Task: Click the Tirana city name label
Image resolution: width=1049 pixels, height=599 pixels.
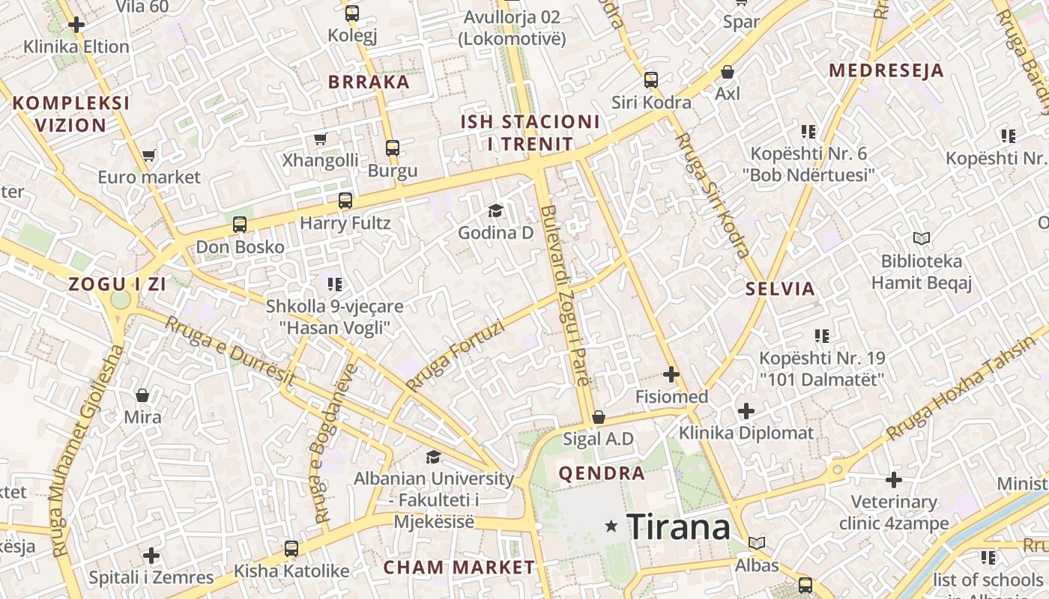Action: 678,527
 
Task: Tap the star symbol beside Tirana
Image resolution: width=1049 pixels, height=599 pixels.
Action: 612,526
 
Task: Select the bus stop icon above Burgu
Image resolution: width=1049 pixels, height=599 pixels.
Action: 393,148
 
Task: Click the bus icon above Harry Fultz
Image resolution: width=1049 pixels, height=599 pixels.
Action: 345,201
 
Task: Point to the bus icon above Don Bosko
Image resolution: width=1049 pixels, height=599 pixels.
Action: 240,225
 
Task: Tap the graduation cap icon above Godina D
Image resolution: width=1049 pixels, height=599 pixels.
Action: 495,211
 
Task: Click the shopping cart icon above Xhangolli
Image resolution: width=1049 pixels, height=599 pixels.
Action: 321,139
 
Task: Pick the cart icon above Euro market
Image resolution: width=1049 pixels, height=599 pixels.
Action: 148,156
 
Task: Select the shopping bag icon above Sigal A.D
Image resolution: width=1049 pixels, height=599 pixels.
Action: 598,417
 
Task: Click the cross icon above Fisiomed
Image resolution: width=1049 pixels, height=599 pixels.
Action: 671,374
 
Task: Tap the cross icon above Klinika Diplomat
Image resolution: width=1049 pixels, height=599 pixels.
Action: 746,411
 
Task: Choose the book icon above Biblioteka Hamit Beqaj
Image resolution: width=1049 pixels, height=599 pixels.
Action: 922,239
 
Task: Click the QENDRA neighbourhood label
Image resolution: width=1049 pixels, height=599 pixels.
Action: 602,473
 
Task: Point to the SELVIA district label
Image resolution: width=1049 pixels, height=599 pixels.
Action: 780,289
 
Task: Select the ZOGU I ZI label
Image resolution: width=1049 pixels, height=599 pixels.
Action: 118,285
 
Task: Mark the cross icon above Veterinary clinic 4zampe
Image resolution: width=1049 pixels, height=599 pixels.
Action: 894,480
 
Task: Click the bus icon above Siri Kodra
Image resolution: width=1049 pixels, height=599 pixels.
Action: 651,80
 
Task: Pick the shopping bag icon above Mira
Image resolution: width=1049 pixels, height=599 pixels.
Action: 142,395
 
